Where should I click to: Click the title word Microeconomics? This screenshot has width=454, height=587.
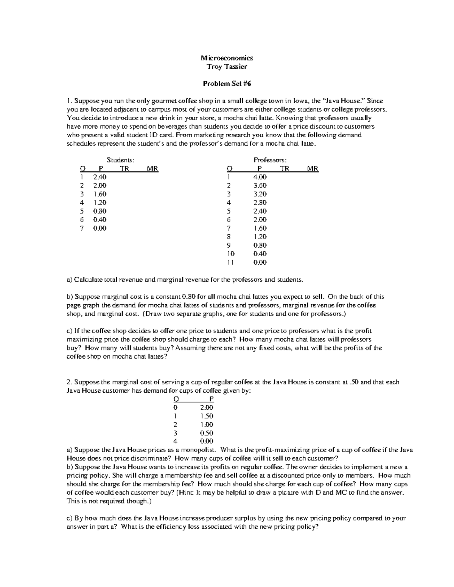coord(227,58)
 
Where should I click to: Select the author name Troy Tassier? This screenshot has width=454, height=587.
coord(227,67)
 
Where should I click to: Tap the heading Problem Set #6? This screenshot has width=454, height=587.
coord(227,84)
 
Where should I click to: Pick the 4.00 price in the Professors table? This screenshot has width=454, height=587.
coord(260,177)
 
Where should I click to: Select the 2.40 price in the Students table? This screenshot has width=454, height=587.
coord(100,177)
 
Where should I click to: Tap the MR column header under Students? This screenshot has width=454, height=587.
coord(152,169)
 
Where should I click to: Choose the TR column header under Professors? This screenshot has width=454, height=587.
coord(285,169)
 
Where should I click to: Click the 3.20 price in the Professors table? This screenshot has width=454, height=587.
coord(260,194)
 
